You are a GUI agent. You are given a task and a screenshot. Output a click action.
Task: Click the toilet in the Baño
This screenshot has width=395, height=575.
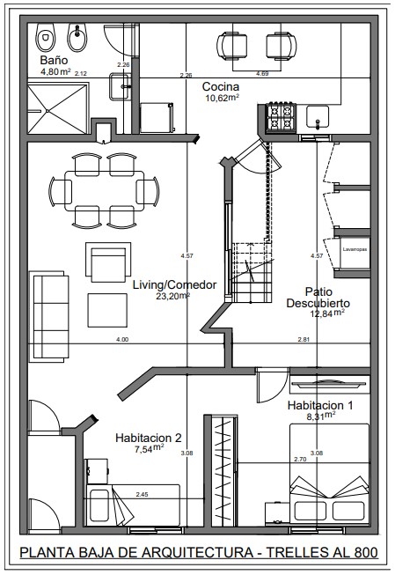pos(46,37)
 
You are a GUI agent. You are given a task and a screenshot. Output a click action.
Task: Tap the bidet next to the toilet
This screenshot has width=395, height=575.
pos(77,37)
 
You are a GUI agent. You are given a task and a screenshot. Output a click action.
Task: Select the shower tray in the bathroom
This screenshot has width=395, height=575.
pos(58,109)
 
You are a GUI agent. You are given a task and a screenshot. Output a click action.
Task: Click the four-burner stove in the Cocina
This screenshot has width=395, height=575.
pos(281,116)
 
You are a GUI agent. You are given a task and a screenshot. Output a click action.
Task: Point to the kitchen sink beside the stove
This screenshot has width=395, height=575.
pos(318,116)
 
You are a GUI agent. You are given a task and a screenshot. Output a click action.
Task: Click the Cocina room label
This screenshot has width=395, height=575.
pos(221,87)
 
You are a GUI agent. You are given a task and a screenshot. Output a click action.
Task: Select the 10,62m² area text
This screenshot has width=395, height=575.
pos(223,98)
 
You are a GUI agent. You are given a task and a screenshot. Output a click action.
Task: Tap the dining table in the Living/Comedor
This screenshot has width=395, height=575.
pos(104,191)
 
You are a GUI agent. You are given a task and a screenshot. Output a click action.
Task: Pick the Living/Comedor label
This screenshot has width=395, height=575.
pos(174,285)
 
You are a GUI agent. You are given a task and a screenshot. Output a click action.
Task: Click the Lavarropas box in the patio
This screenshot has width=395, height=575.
pos(355,253)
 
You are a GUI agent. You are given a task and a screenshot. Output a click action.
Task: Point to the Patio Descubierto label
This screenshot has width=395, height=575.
pos(318,298)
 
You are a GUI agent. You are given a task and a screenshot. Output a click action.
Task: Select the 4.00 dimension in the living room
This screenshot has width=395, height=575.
pos(122,340)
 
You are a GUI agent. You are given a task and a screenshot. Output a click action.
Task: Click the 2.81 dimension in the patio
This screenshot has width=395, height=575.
pos(304,340)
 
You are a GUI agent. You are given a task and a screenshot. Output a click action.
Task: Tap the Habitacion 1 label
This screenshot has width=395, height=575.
pos(320,405)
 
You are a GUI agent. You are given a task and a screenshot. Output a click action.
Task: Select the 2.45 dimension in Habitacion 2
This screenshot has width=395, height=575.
pos(142,494)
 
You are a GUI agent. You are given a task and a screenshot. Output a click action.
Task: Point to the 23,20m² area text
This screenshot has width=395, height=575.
pos(173,296)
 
